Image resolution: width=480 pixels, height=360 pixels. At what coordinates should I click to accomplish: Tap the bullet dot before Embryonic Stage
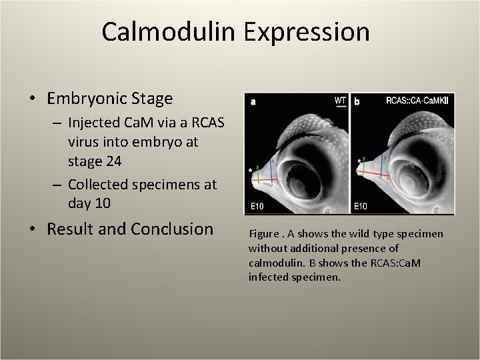click(x=33, y=99)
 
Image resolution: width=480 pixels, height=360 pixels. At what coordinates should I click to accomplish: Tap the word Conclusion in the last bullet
click(x=172, y=229)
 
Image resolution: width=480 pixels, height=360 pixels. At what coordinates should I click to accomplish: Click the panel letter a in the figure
click(x=253, y=103)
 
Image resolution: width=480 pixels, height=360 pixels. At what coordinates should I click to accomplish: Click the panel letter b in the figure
click(x=357, y=103)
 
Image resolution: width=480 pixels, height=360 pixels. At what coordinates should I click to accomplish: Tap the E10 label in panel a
click(x=257, y=207)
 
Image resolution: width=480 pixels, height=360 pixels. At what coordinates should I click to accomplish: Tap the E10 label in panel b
click(x=361, y=207)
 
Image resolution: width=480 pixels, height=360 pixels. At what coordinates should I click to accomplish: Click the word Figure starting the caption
click(x=262, y=235)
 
